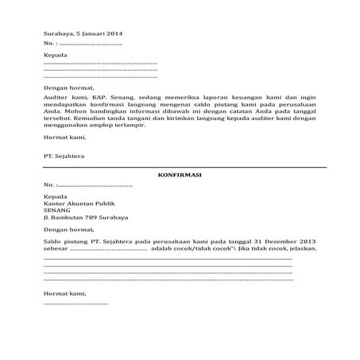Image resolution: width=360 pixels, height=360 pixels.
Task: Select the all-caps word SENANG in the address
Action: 58,210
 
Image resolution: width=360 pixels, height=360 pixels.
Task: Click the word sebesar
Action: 56,249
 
